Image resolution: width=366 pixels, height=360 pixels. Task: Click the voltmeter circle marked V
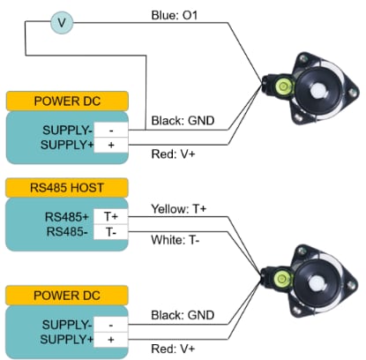[60, 21]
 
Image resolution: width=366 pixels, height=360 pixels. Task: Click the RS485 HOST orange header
[67, 187]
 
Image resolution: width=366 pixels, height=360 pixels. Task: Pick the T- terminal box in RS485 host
[110, 232]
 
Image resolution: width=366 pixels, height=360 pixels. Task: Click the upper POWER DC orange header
[67, 100]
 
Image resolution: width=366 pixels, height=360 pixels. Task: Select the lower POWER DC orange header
[67, 295]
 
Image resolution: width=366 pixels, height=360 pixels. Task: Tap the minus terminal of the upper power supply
[110, 129]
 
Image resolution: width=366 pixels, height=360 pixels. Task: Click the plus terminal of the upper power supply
[110, 144]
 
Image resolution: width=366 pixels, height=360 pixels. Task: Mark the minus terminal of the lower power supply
[110, 324]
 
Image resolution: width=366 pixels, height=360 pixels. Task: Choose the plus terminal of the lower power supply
[110, 339]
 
